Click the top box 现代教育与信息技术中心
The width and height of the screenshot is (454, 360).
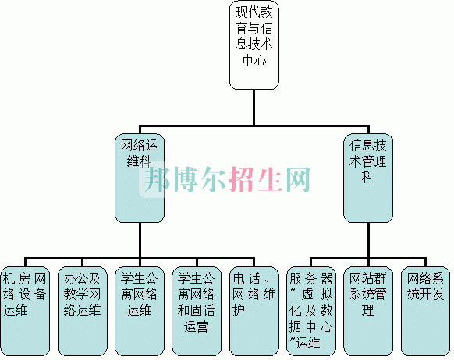[x=254, y=45]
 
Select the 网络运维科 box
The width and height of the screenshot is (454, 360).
[x=140, y=178]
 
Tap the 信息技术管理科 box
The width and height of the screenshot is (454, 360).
[x=368, y=178]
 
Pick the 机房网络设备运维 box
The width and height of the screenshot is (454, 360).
[x=25, y=311]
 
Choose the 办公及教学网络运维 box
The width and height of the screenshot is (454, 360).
[x=83, y=311]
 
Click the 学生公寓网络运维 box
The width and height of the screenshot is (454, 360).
[x=140, y=311]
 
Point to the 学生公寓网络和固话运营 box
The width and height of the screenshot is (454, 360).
[x=197, y=311]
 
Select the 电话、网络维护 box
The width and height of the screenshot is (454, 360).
[x=254, y=311]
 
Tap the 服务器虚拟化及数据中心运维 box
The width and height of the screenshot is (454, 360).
[x=311, y=311]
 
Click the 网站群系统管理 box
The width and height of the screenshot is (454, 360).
[x=368, y=311]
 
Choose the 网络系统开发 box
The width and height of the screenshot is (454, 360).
[x=426, y=311]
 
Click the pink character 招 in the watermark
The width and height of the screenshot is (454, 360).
[x=242, y=179]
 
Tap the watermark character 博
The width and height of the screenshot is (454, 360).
[x=186, y=179]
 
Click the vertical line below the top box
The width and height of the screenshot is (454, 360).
[x=254, y=108]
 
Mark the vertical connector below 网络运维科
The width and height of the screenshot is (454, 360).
[x=140, y=240]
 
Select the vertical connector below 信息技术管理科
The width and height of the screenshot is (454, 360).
[x=368, y=240]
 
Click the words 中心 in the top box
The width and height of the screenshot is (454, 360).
[x=254, y=61]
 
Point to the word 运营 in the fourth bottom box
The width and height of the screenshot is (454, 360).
[x=197, y=326]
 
